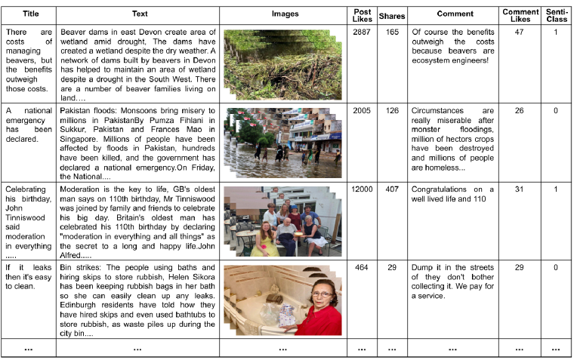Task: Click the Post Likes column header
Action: click(362, 14)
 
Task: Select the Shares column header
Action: click(392, 14)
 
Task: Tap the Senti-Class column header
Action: click(557, 14)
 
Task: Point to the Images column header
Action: click(285, 14)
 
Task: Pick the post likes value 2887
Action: click(362, 33)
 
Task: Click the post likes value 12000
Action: click(362, 189)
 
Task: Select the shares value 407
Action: click(392, 189)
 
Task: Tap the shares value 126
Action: click(392, 111)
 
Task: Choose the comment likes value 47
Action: click(519, 33)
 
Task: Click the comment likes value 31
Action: click(519, 189)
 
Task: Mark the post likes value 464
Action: click(362, 267)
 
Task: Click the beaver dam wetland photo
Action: click(282, 64)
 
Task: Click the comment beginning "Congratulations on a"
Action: click(452, 194)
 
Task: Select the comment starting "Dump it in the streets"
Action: click(452, 282)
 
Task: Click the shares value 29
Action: click(392, 267)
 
